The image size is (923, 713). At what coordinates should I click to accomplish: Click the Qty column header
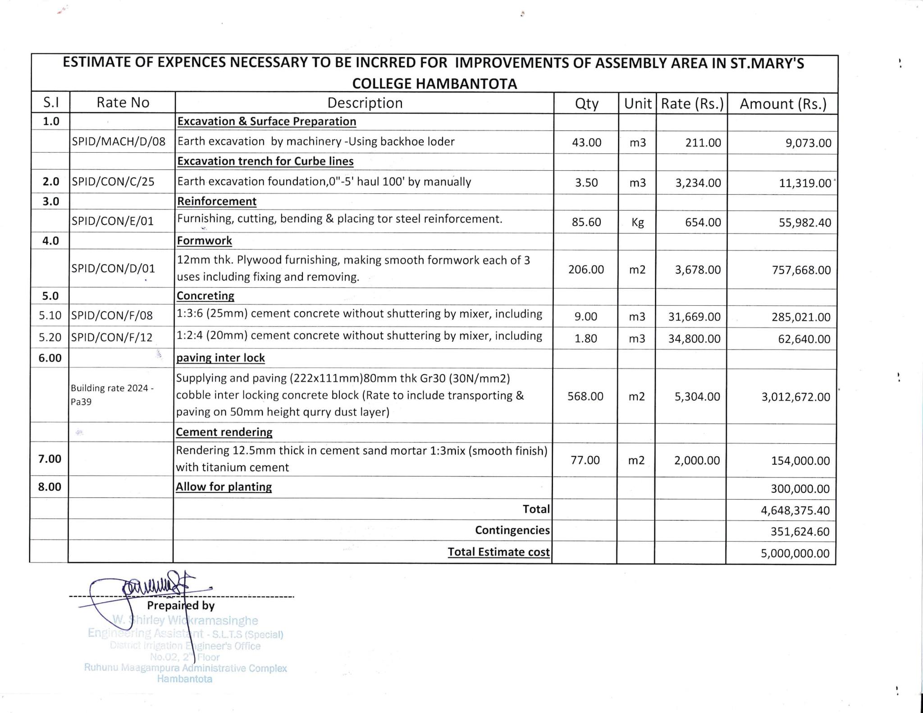(x=586, y=104)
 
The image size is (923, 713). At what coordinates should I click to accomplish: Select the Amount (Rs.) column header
(x=783, y=104)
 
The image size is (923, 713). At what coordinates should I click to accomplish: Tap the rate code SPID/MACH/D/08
(x=119, y=142)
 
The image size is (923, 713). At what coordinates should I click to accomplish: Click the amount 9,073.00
(x=808, y=143)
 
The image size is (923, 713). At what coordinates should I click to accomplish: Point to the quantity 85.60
(x=586, y=222)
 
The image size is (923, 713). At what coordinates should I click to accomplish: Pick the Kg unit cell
(x=637, y=222)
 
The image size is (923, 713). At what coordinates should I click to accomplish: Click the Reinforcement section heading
(x=217, y=201)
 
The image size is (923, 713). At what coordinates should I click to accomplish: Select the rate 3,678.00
(x=698, y=270)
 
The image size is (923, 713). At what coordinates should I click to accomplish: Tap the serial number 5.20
(x=50, y=337)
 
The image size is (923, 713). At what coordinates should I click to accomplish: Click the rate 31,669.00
(x=694, y=317)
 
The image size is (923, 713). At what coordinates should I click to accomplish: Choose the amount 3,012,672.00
(x=795, y=397)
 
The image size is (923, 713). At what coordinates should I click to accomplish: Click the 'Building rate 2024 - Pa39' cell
(x=112, y=395)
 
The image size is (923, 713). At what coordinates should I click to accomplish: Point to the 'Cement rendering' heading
(x=224, y=432)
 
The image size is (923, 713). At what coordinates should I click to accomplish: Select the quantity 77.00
(x=585, y=460)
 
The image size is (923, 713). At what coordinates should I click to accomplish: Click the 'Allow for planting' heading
(x=224, y=487)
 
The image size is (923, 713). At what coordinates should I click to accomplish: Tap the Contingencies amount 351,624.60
(x=800, y=531)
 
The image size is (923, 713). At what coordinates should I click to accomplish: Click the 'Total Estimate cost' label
(x=498, y=552)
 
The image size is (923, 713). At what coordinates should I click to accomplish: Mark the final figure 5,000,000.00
(x=795, y=553)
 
